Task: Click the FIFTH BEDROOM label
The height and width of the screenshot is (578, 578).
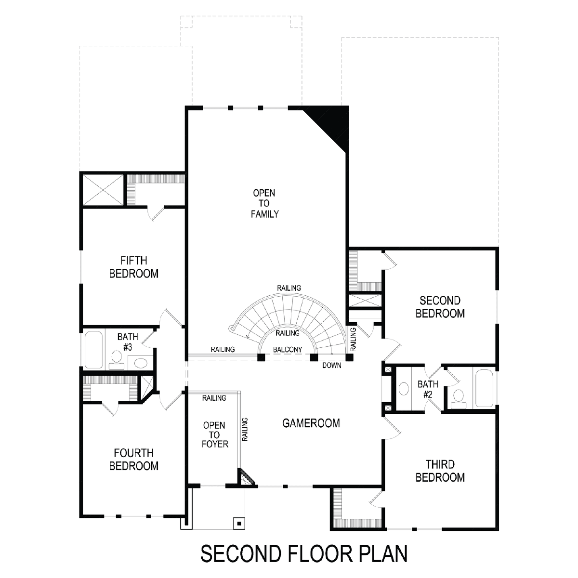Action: click(134, 267)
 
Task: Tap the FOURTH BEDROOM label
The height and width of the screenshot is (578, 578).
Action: click(134, 459)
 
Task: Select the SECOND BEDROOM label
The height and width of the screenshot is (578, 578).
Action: click(440, 307)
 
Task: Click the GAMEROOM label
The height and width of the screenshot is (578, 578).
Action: click(311, 423)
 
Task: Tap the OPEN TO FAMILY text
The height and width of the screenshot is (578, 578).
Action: click(264, 203)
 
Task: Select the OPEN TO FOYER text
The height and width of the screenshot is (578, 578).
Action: click(215, 434)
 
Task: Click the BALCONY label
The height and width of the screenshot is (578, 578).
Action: click(288, 350)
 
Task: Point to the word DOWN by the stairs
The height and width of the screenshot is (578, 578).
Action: click(332, 365)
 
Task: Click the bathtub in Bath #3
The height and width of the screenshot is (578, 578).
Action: click(93, 350)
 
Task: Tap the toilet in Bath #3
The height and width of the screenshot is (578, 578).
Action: click(117, 360)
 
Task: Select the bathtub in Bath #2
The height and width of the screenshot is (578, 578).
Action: click(484, 388)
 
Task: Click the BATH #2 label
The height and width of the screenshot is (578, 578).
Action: click(428, 389)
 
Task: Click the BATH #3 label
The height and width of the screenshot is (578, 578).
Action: click(128, 342)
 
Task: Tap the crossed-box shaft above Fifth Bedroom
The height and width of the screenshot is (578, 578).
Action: click(103, 190)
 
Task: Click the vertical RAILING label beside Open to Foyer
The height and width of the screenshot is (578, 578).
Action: click(245, 430)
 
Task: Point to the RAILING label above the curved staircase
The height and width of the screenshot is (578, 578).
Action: click(289, 288)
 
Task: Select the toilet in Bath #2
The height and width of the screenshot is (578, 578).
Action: click(459, 399)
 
